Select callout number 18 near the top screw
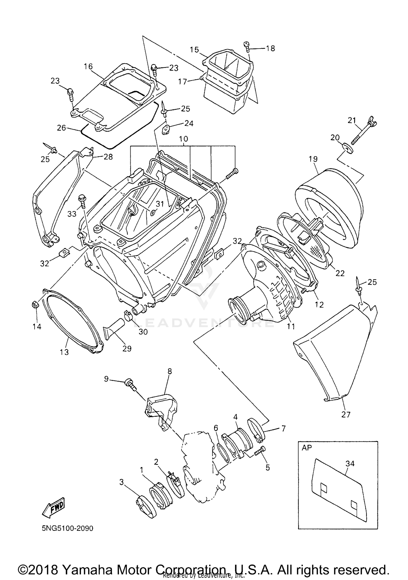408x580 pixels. pyautogui.click(x=270, y=48)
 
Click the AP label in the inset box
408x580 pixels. pyautogui.click(x=307, y=448)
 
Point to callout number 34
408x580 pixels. pyautogui.click(x=350, y=463)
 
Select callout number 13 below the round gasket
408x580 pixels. pyautogui.click(x=64, y=352)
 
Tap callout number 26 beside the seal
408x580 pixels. pyautogui.click(x=61, y=127)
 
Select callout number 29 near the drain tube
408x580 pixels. pyautogui.click(x=127, y=348)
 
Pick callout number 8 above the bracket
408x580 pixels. pyautogui.click(x=170, y=371)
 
